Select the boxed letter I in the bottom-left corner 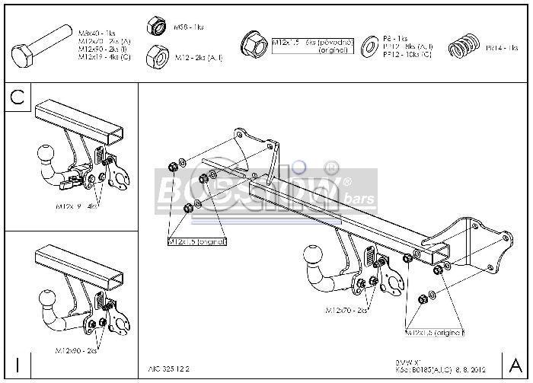pyautogui.click(x=17, y=364)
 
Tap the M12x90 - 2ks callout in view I pyautogui.click(x=75, y=350)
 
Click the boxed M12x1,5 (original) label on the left pyautogui.click(x=197, y=241)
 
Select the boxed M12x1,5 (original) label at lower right pyautogui.click(x=435, y=333)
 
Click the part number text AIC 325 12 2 pyautogui.click(x=167, y=367)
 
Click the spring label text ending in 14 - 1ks pyautogui.click(x=502, y=48)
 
